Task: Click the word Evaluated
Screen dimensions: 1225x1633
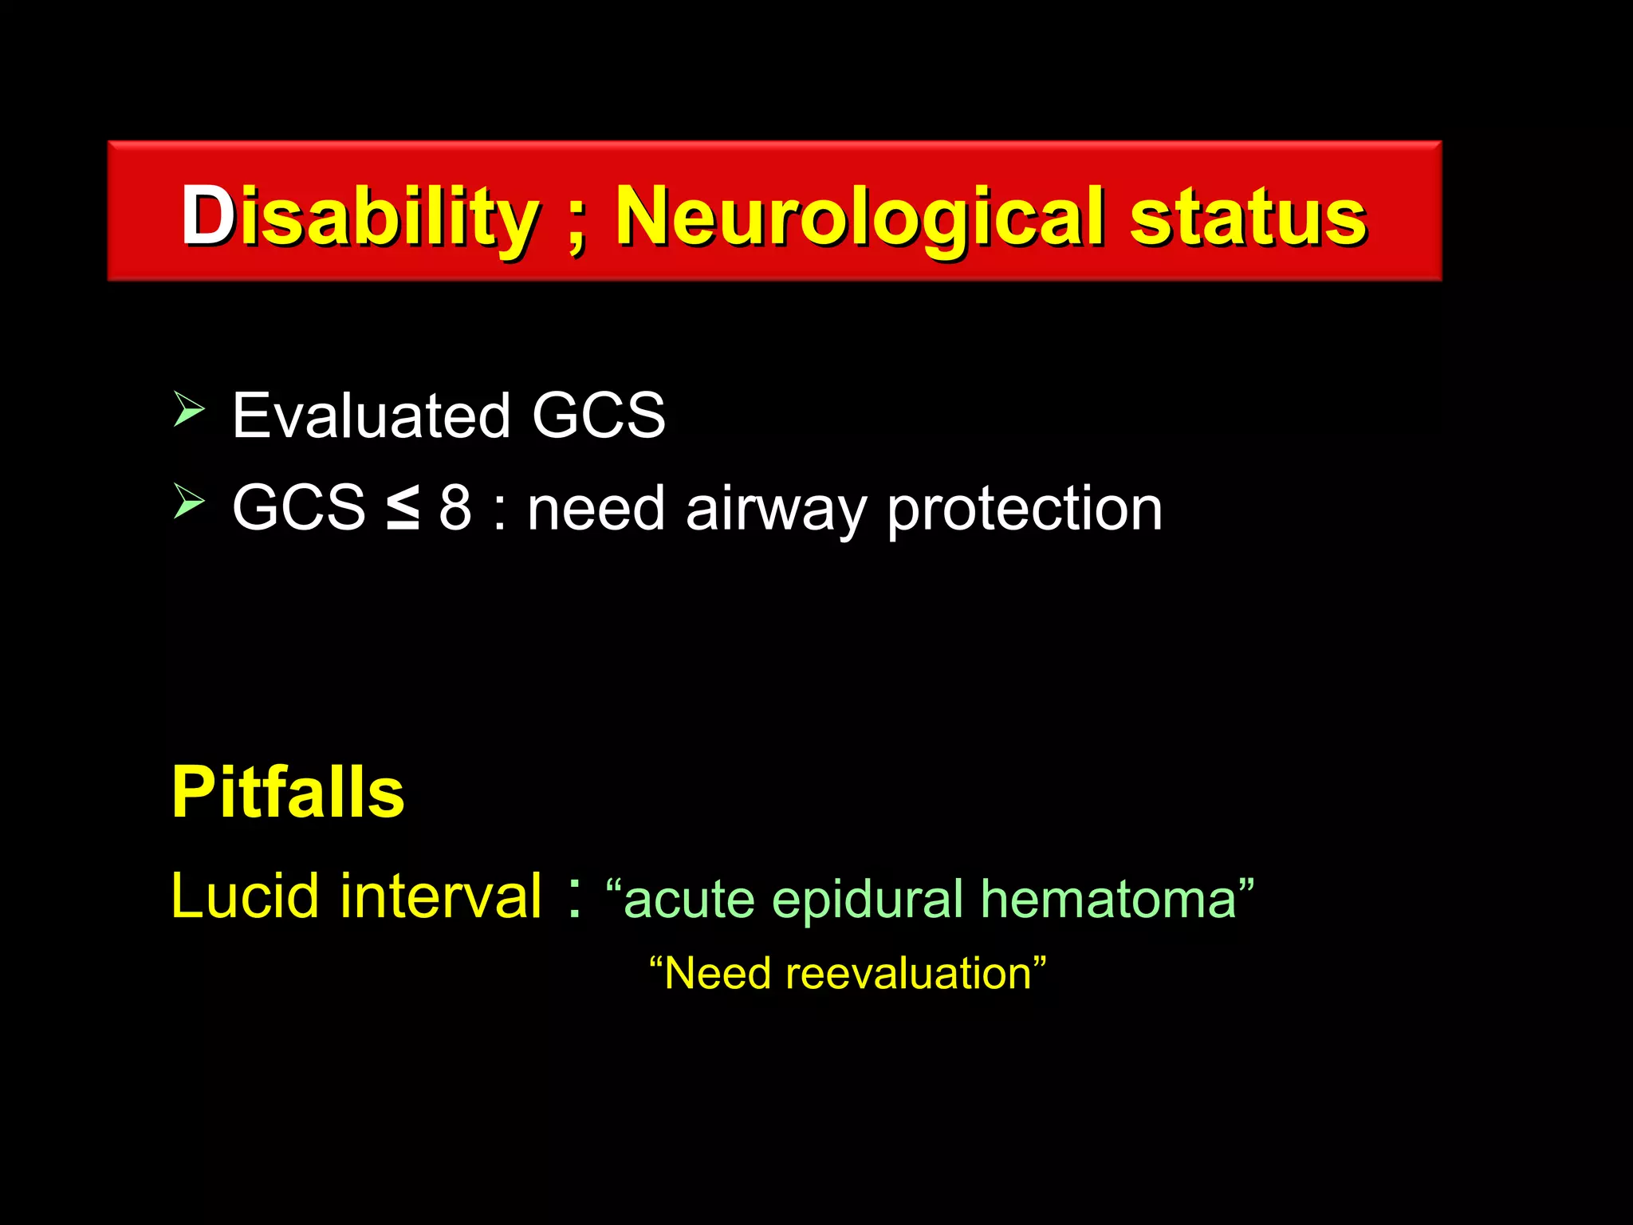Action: [x=371, y=416]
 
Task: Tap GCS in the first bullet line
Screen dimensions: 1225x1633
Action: [x=598, y=416]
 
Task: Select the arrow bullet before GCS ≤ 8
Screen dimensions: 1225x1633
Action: [x=189, y=503]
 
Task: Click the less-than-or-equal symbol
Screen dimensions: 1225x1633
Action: [x=403, y=508]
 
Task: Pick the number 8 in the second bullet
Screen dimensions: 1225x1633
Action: [x=455, y=508]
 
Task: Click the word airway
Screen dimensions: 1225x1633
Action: [x=775, y=510]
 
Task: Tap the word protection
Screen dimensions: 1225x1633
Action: [x=1025, y=510]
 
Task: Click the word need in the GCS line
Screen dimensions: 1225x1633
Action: [x=596, y=510]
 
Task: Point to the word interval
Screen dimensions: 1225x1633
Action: [x=441, y=896]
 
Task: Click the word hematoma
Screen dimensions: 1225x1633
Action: [x=1108, y=899]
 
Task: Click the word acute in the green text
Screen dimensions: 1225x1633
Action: [x=689, y=900]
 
